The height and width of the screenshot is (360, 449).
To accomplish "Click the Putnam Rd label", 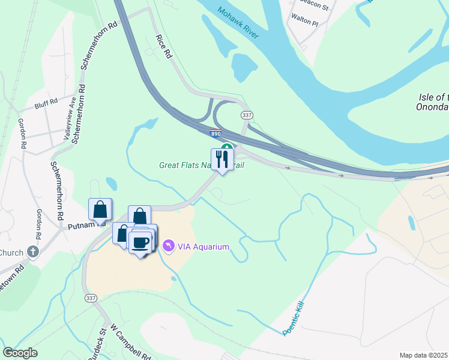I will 82,226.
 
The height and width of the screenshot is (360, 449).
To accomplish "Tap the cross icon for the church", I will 34,251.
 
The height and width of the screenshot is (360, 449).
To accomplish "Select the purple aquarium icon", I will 169,247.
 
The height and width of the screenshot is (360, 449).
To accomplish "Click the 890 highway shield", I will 215,134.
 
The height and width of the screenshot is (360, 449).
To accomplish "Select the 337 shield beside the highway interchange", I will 246,115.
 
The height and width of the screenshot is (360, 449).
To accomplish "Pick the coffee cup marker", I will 140,242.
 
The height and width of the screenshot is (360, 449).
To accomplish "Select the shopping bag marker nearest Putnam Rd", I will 100,209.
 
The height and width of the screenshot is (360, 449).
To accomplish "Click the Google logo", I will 20,353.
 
